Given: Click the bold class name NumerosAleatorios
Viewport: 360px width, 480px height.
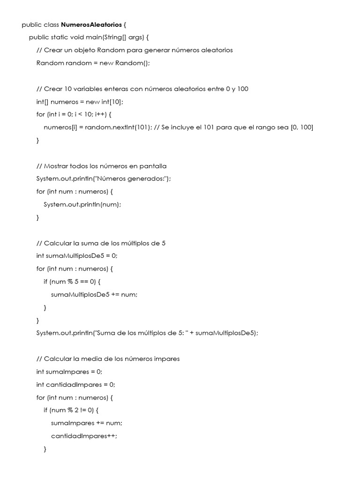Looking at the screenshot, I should coord(91,24).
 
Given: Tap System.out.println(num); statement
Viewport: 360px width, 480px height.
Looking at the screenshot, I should coord(82,204).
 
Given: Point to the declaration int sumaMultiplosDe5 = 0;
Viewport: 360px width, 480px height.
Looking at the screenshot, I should coord(77,256).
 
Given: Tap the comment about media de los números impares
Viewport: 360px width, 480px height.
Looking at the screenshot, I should coord(108,359).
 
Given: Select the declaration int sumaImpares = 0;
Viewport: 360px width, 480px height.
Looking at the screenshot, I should coord(69,372).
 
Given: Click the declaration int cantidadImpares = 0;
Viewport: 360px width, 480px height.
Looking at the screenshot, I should coord(75,385).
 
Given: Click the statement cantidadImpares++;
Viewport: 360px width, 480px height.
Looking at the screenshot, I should coord(84,436).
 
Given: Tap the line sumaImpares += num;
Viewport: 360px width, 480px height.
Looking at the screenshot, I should coord(87,423).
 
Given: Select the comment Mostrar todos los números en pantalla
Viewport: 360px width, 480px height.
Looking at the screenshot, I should coord(101,166).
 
